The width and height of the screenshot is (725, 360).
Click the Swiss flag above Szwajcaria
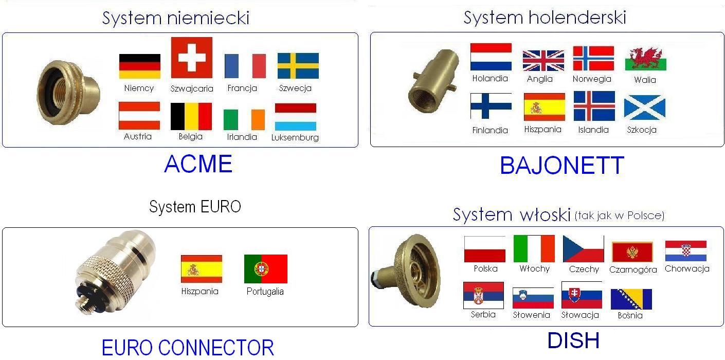(192, 58)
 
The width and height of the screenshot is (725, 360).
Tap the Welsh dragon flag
(645, 59)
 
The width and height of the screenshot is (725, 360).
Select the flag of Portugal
(266, 268)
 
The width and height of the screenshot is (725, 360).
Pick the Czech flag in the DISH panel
(583, 248)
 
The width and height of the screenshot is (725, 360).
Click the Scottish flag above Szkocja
(644, 107)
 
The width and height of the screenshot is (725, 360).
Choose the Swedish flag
(298, 66)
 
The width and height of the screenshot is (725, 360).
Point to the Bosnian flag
(631, 299)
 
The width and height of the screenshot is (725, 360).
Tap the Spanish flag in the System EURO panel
(202, 268)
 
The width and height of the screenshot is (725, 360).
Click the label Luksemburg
(295, 138)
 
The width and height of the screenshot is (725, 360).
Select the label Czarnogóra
(633, 269)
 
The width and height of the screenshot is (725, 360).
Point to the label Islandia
(593, 130)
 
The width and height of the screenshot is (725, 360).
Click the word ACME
(198, 164)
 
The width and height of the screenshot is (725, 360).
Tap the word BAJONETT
(562, 166)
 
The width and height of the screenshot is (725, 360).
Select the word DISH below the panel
(573, 340)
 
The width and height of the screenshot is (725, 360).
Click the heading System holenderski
(545, 17)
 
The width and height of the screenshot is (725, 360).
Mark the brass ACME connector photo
(68, 93)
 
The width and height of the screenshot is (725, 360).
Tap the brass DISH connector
(406, 272)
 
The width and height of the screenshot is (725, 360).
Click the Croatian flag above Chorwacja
(686, 250)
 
